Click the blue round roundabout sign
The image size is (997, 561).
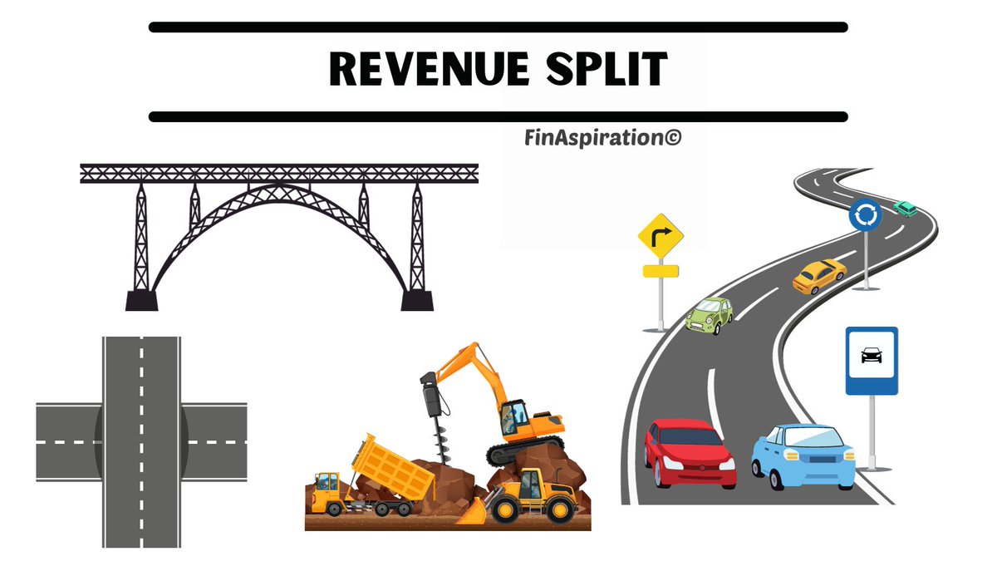[865, 216]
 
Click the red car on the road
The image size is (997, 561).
[689, 452]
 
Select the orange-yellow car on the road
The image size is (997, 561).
[818, 275]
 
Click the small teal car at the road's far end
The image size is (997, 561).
[906, 208]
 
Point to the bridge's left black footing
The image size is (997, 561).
[141, 299]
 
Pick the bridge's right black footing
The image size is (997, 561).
[417, 299]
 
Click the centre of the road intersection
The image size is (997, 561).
[141, 440]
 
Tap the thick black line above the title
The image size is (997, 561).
[498, 27]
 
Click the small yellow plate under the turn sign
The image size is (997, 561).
[661, 271]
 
